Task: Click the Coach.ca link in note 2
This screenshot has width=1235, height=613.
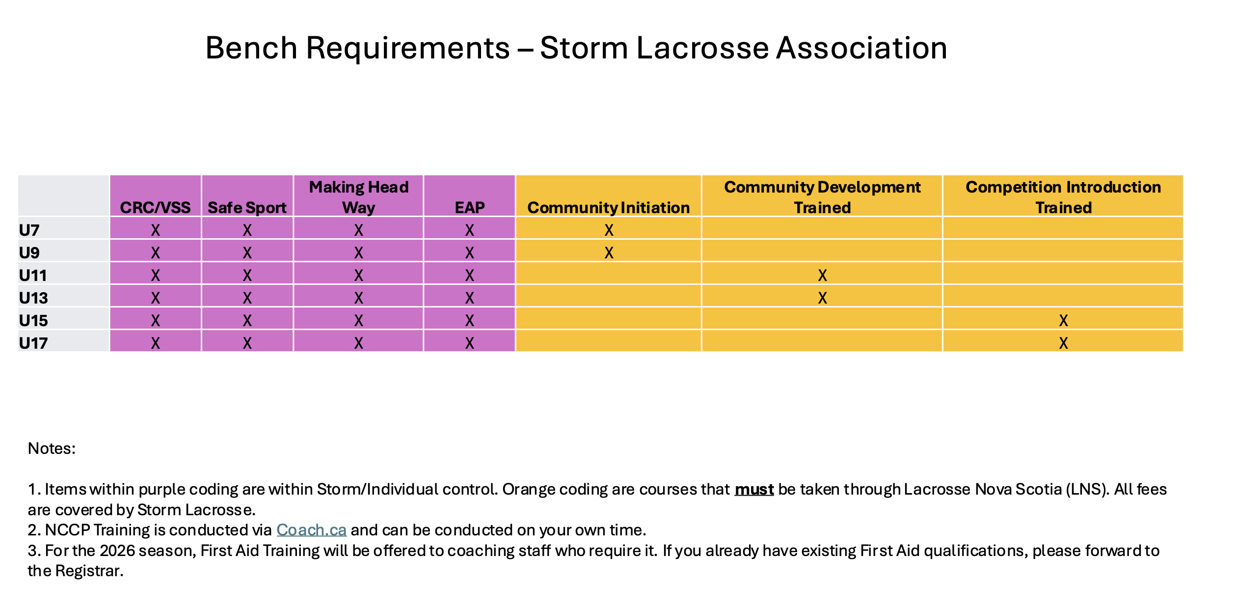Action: click(x=312, y=530)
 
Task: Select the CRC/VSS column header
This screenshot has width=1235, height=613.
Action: click(x=156, y=208)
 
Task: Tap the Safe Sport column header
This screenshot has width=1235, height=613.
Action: click(x=247, y=208)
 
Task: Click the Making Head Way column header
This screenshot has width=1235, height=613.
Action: click(x=359, y=197)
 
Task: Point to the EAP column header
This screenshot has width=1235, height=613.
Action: click(x=470, y=208)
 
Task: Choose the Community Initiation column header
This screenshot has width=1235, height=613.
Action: click(x=609, y=208)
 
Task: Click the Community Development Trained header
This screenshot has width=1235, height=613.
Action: click(x=823, y=197)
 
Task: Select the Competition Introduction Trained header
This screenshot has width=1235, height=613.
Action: click(x=1064, y=197)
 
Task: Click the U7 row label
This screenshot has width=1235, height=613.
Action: click(x=29, y=230)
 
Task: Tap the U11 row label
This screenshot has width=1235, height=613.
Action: click(x=33, y=276)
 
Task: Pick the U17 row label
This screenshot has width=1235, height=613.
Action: click(x=33, y=343)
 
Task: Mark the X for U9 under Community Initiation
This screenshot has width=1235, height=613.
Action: click(x=609, y=253)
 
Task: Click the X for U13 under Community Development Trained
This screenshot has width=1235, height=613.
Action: click(x=823, y=298)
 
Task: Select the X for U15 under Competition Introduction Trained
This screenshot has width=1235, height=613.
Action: click(x=1064, y=321)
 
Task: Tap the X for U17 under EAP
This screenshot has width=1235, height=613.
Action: click(x=470, y=343)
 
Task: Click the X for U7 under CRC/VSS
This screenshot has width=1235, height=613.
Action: click(x=156, y=230)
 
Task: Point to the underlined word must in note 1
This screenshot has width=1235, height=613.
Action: click(x=754, y=490)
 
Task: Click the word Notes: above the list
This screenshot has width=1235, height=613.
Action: click(x=52, y=448)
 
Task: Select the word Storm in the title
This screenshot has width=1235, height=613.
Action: click(x=584, y=48)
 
